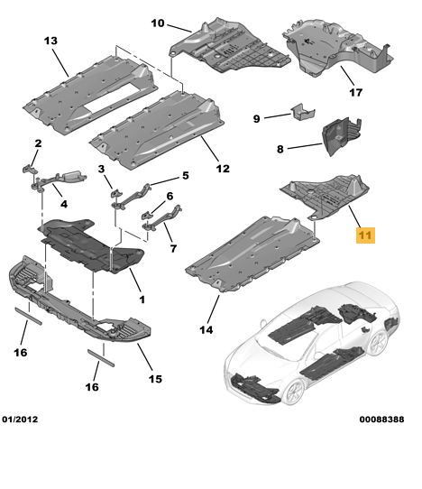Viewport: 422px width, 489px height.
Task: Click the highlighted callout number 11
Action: pos(365,235)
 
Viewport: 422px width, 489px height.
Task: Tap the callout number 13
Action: pos(50,41)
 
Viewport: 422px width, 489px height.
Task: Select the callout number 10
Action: pos(158,23)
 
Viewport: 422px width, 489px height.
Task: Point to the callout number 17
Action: pos(355,92)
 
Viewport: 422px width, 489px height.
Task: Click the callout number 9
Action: pos(256,119)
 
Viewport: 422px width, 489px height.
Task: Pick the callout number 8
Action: pos(280,149)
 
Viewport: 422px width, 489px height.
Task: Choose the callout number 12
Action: pos(223,169)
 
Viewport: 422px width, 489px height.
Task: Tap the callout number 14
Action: pos(206,329)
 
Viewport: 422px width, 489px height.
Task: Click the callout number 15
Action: pos(155,379)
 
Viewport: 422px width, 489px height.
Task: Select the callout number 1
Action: pos(142,300)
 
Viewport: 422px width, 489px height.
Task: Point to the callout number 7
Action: pos(173,248)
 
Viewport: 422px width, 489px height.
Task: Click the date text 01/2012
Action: pos(20,420)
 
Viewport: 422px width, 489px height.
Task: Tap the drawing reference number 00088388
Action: pos(381,420)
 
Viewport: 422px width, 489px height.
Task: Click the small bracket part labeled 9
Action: pos(303,111)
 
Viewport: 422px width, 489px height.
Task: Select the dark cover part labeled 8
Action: pos(342,135)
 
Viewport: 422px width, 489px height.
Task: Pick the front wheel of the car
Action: pos(295,391)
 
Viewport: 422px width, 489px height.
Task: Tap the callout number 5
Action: pos(186,176)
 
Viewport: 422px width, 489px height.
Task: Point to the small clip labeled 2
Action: pos(30,169)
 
